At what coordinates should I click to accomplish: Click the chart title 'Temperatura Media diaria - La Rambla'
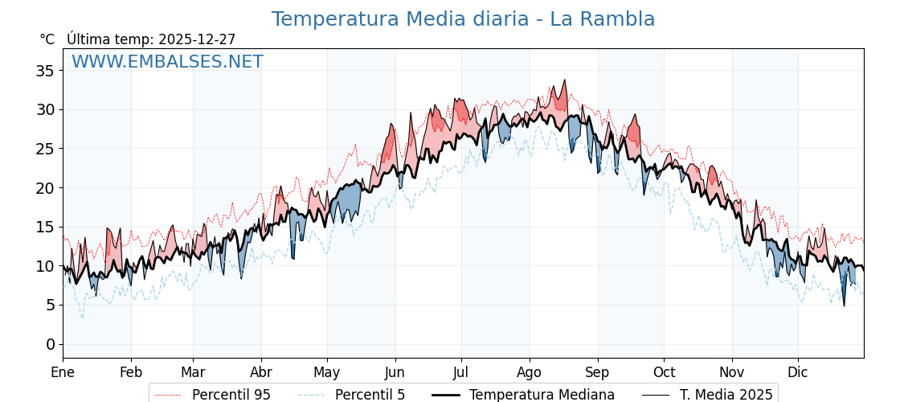[463, 19]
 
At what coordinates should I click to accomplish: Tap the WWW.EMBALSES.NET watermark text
[167, 62]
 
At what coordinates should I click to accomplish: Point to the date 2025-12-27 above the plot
[197, 39]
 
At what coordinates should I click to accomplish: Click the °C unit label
[47, 39]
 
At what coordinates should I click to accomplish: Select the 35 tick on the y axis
[45, 71]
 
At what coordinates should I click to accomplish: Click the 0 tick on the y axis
[50, 344]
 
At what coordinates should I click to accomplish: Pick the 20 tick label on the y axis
[45, 188]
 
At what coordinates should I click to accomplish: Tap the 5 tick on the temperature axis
[50, 305]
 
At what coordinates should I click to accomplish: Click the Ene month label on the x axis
[63, 373]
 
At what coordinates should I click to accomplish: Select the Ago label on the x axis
[529, 373]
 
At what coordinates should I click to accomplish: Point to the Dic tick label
[798, 373]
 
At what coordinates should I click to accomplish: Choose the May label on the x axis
[327, 373]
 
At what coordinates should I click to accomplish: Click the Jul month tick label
[461, 373]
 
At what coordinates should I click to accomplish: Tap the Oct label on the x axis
[664, 373]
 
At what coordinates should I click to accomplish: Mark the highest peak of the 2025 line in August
[565, 80]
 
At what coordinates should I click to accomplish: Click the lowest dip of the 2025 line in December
[844, 306]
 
